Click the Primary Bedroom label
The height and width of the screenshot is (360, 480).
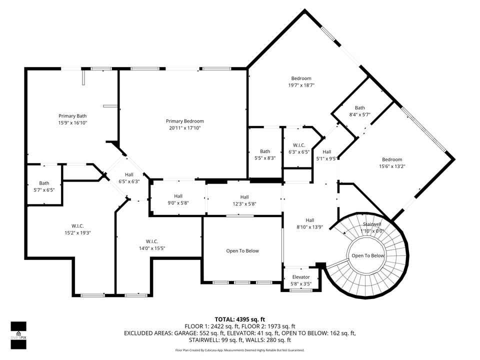(184, 121)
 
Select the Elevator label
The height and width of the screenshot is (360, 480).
(301, 277)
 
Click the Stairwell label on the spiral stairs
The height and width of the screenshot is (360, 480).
(372, 224)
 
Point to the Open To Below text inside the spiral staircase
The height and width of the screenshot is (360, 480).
(368, 255)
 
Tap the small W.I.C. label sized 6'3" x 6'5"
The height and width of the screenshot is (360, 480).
(296, 145)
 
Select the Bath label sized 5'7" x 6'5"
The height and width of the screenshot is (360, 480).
(44, 183)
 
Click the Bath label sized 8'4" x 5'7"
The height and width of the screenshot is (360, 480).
(360, 107)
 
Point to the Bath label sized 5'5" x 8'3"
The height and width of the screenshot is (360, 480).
(265, 151)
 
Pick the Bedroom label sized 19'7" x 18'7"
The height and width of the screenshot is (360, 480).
(301, 78)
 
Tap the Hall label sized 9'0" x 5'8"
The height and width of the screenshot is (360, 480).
(178, 196)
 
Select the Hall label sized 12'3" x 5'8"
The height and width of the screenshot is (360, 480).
(244, 197)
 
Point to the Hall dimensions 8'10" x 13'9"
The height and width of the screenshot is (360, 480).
(310, 226)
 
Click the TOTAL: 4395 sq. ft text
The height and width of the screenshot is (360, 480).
(240, 319)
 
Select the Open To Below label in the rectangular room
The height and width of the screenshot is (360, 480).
(242, 251)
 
